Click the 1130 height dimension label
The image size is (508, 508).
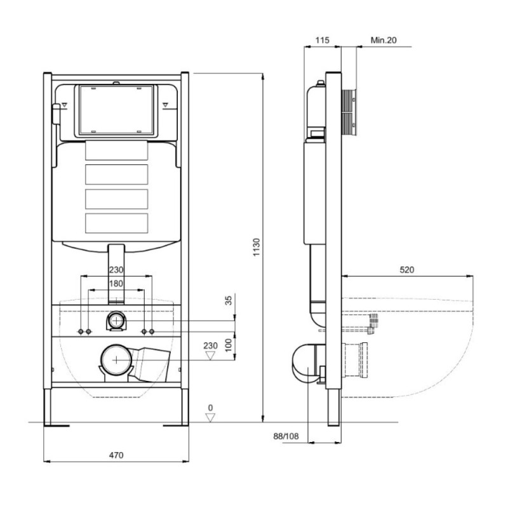[x=257, y=247]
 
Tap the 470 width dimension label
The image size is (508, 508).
[x=116, y=455]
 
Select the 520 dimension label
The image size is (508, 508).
[x=406, y=269]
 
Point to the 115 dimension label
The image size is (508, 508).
[x=322, y=40]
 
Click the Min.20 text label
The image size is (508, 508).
[x=384, y=40]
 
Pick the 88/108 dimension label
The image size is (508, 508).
[x=286, y=436]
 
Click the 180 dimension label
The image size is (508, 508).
[x=116, y=284]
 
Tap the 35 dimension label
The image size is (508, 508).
[x=229, y=300]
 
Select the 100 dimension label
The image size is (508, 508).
[x=229, y=345]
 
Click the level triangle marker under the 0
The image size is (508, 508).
[x=210, y=418]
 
